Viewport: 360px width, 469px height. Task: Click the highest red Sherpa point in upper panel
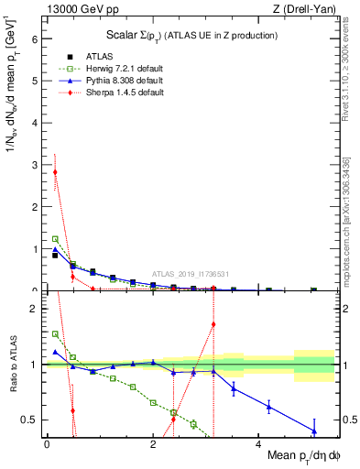(55, 172)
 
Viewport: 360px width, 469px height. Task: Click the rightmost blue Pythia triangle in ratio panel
(314, 431)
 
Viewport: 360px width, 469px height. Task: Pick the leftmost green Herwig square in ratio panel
(55, 334)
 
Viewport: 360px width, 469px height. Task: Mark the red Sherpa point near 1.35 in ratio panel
(213, 323)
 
